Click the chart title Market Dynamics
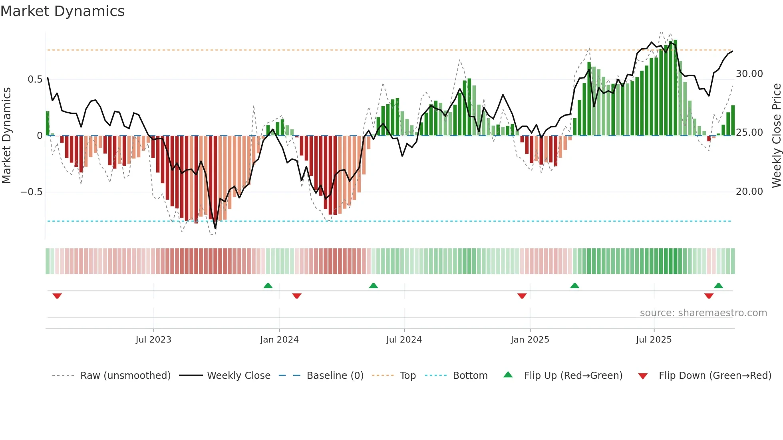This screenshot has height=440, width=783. point(62,11)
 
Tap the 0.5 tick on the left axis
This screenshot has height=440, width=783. point(35,79)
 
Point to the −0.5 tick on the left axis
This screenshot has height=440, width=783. point(31,192)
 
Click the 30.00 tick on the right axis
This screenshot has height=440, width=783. point(749,74)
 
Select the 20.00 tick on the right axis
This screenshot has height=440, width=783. point(749,192)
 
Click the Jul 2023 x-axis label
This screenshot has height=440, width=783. point(153,340)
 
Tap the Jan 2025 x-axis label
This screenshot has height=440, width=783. point(530,340)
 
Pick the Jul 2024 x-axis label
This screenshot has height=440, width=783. point(404,340)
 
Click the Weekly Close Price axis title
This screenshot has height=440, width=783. point(776,136)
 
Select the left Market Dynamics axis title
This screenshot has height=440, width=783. point(6,136)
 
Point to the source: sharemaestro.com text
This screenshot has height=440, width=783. point(703,313)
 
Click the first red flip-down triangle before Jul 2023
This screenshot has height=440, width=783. point(57,296)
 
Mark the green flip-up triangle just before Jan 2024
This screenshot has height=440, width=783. point(268,285)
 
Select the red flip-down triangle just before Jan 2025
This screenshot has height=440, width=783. point(522,296)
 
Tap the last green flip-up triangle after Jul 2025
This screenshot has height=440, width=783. point(718,285)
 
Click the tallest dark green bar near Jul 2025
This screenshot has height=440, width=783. point(675,88)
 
